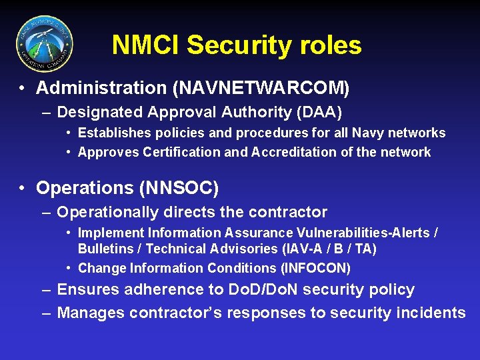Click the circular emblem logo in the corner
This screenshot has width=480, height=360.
pyautogui.click(x=44, y=44)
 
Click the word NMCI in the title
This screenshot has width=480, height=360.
pyautogui.click(x=146, y=45)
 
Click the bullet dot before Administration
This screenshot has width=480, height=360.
pyautogui.click(x=22, y=88)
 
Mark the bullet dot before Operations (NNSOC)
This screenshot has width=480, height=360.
pyautogui.click(x=22, y=189)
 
